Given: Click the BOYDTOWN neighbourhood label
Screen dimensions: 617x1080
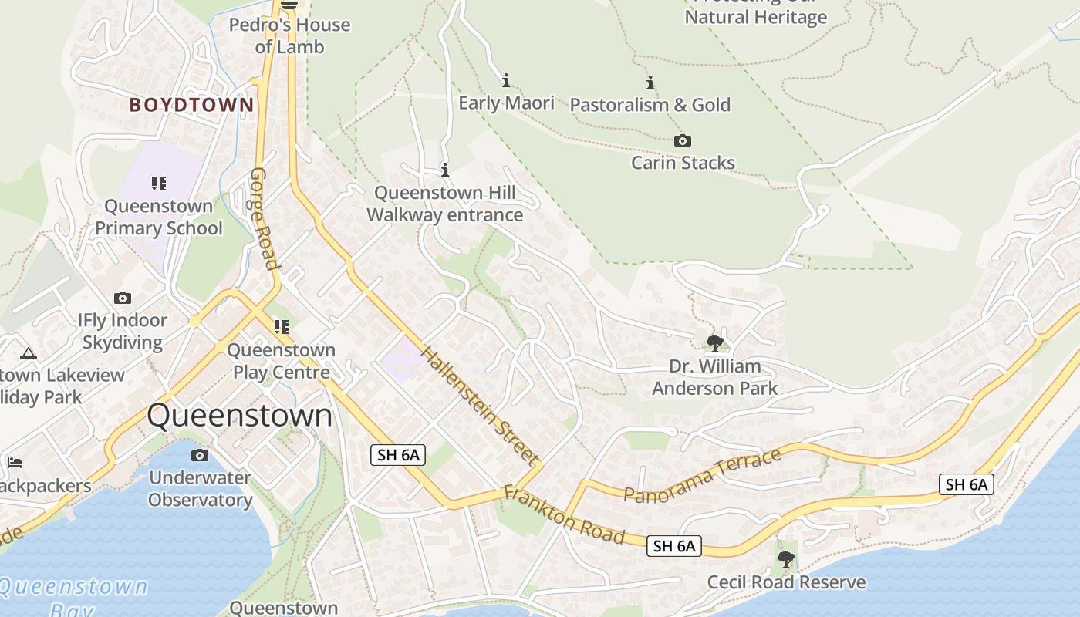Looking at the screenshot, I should click(x=191, y=105).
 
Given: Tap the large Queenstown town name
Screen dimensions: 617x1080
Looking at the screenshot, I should click(x=239, y=416).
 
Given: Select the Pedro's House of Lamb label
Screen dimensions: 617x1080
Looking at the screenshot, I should click(x=290, y=35).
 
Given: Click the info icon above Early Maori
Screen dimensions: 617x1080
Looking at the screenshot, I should click(x=506, y=80).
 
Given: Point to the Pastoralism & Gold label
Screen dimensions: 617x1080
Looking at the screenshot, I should click(x=650, y=105).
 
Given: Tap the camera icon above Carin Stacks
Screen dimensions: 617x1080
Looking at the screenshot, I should click(x=682, y=140).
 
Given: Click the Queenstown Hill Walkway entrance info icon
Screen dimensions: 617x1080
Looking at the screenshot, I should click(x=444, y=170).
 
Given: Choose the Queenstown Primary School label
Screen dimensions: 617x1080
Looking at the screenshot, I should click(x=158, y=217).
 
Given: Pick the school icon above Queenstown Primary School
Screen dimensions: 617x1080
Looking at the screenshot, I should click(x=158, y=184).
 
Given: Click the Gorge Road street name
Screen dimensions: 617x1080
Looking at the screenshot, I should click(x=264, y=218).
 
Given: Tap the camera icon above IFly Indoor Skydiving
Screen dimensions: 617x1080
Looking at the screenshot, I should click(x=122, y=298).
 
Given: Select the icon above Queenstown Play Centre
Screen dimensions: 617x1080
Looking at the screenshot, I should click(x=281, y=327).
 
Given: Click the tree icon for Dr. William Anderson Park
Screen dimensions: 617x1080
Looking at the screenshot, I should click(x=714, y=342).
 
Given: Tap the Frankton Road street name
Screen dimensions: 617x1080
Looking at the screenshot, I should click(x=563, y=514).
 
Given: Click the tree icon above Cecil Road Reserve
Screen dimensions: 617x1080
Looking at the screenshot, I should click(x=785, y=558).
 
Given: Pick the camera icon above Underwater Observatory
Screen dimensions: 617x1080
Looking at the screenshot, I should click(x=199, y=455).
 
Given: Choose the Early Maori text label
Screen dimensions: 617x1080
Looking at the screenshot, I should click(x=506, y=103).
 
